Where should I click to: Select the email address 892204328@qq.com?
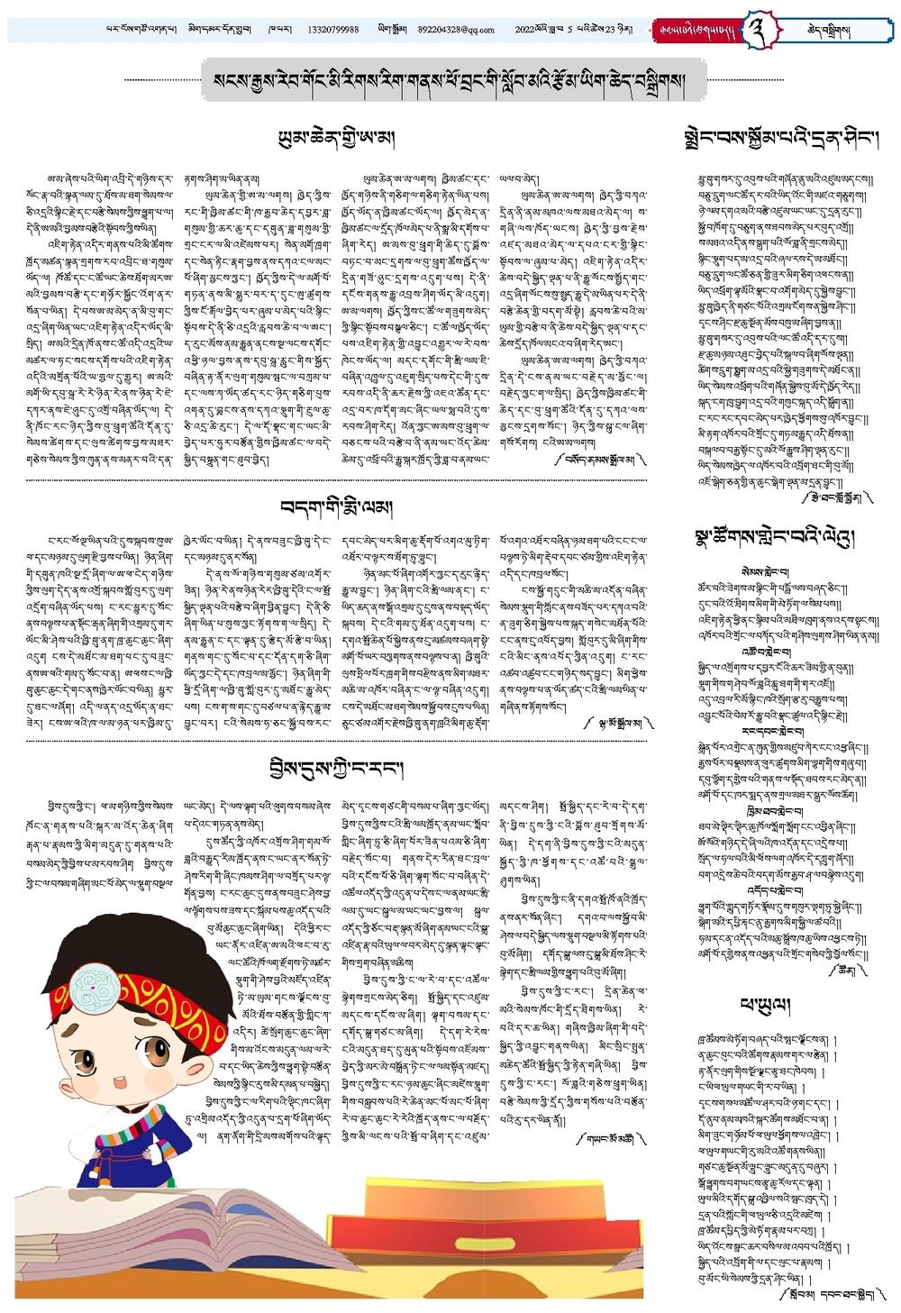pyautogui.click(x=456, y=30)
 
